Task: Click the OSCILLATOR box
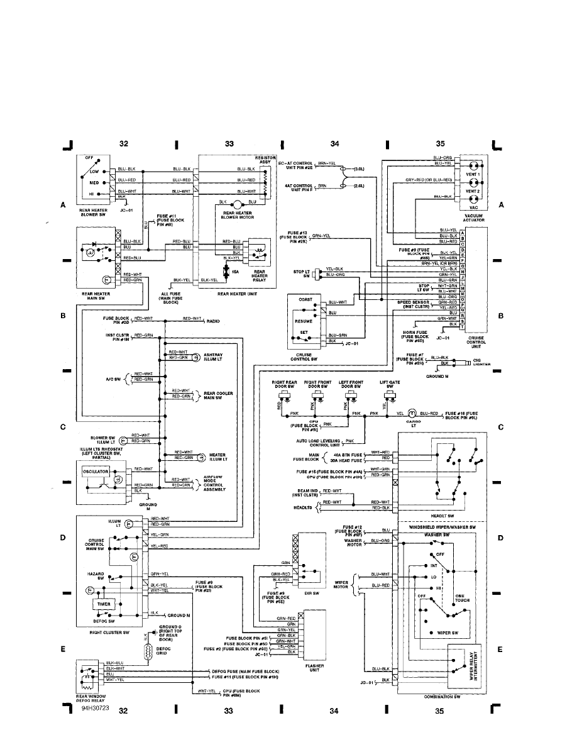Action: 93,471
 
